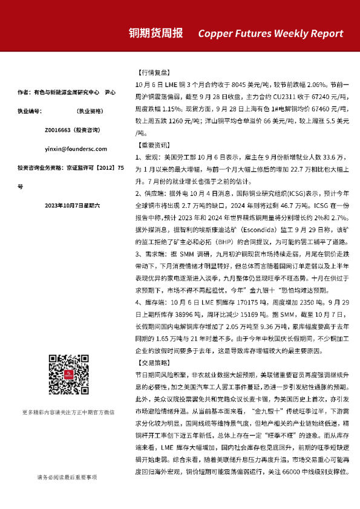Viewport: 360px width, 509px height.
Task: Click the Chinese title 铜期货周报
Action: click(156, 33)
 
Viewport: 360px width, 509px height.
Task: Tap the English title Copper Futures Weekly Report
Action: click(270, 34)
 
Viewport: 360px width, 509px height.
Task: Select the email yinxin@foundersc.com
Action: click(68, 148)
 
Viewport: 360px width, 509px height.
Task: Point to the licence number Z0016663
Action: click(57, 129)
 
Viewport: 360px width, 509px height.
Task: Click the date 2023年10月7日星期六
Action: click(68, 206)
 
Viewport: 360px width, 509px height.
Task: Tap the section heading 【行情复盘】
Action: click(149, 71)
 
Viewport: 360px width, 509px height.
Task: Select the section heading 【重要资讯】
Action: click(149, 145)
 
